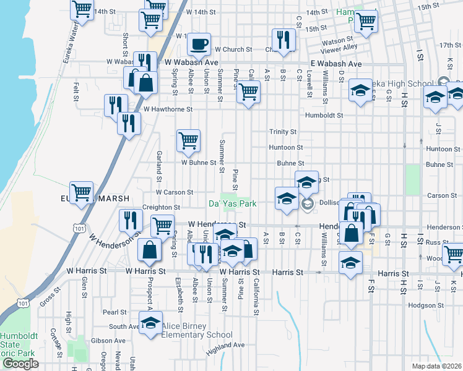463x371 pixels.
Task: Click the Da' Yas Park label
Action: pyautogui.click(x=231, y=203)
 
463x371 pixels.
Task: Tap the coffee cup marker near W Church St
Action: pyautogui.click(x=199, y=44)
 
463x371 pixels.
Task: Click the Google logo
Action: pyautogui.click(x=20, y=364)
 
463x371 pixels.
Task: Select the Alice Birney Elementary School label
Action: pyautogui.click(x=197, y=335)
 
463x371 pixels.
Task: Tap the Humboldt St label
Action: pyautogui.click(x=324, y=115)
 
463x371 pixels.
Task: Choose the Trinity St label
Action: pyautogui.click(x=283, y=132)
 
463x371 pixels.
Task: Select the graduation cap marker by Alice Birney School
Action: pyautogui.click(x=150, y=323)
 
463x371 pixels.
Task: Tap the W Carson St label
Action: pyautogui.click(x=175, y=192)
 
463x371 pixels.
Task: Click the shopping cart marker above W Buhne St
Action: pyautogui.click(x=188, y=139)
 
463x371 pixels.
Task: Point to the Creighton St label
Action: pyautogui.click(x=161, y=207)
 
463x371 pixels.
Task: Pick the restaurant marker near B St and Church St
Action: pyautogui.click(x=283, y=40)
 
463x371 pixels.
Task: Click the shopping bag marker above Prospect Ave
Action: pyautogui.click(x=150, y=250)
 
